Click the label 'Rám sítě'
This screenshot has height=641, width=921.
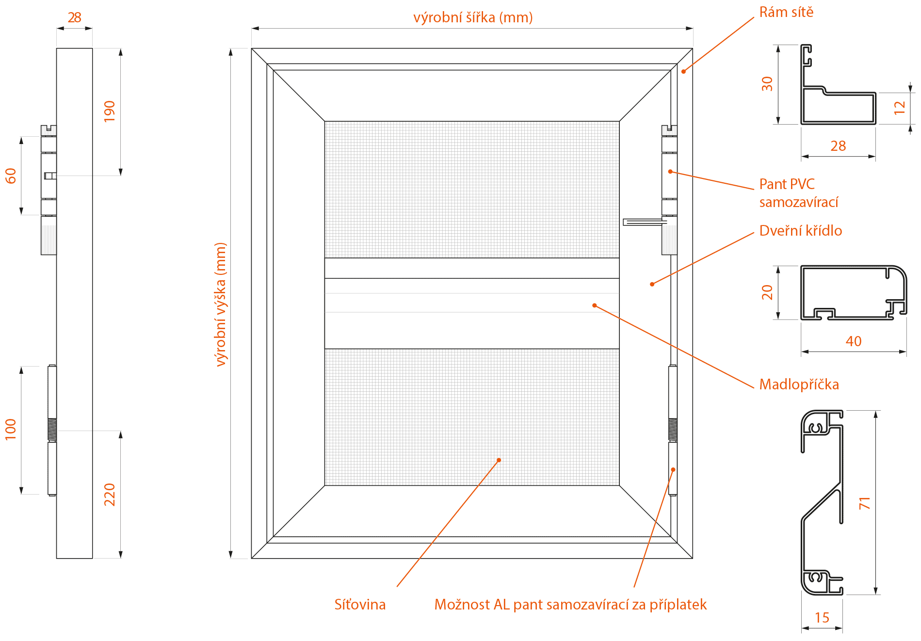click(786, 12)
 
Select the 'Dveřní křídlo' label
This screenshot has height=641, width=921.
click(800, 231)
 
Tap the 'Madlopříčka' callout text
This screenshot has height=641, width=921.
click(799, 385)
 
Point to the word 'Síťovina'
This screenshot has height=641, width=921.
click(360, 605)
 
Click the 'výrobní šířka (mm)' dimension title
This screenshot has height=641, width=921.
click(472, 18)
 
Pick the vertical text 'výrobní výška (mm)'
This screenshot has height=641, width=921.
click(221, 304)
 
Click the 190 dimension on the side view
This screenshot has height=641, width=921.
click(110, 111)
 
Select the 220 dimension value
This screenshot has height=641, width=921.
click(110, 495)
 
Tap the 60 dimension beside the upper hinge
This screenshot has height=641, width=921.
click(11, 176)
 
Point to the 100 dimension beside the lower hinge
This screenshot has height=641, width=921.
click(11, 430)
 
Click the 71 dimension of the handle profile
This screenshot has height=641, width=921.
click(865, 503)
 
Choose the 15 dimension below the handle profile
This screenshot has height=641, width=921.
click(822, 618)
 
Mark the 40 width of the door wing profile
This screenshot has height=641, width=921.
click(853, 341)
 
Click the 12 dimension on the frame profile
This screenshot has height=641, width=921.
click(900, 107)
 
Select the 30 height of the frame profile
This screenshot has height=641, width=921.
click(767, 84)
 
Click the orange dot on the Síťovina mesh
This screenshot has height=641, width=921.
click(499, 460)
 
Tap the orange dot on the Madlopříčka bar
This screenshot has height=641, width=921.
click(594, 305)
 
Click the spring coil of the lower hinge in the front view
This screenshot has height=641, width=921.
click(673, 430)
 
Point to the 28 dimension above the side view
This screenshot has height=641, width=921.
click(74, 17)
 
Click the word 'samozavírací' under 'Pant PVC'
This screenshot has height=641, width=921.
click(798, 202)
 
